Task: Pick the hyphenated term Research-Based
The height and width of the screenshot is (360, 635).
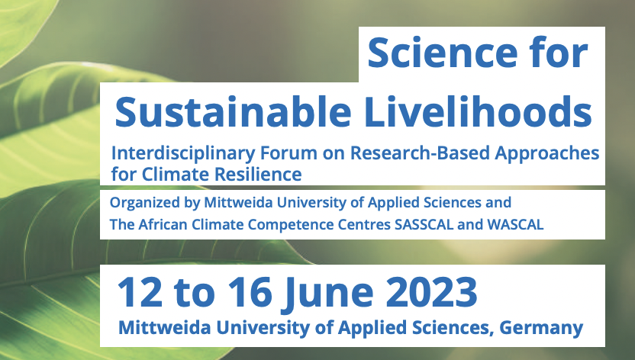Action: pyautogui.click(x=395, y=153)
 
